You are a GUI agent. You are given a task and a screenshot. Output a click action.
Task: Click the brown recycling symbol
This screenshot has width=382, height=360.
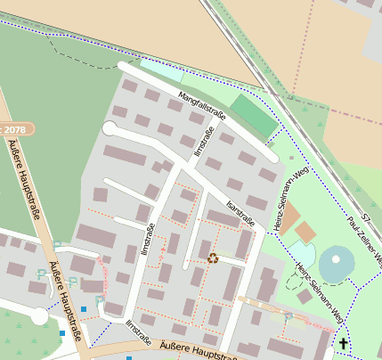(x=213, y=258)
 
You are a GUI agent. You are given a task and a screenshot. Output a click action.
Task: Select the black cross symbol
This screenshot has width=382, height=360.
(x=343, y=342)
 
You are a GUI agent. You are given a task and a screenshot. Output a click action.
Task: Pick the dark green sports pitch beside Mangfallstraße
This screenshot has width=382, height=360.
(x=253, y=117)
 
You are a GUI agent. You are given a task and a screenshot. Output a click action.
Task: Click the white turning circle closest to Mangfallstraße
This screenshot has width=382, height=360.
(x=110, y=128)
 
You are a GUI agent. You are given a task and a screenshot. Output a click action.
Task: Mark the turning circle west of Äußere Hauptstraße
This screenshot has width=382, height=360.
(x=39, y=315)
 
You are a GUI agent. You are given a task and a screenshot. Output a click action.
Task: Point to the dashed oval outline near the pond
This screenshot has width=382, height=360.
(x=294, y=282)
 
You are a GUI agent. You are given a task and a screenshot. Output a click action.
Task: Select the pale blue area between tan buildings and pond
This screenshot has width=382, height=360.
(x=302, y=255)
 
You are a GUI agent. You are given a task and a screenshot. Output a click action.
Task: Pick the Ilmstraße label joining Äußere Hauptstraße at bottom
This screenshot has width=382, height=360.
(x=138, y=331)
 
